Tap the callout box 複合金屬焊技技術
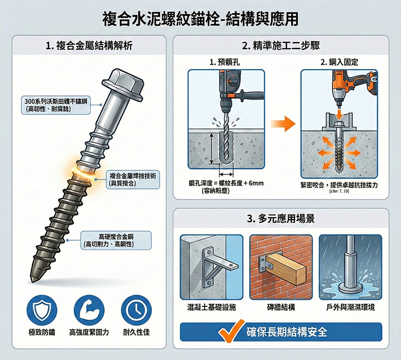(133, 179)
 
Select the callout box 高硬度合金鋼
(116, 240)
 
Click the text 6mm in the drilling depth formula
(255, 184)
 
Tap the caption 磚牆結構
(281, 307)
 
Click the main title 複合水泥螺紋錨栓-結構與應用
(200, 19)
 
